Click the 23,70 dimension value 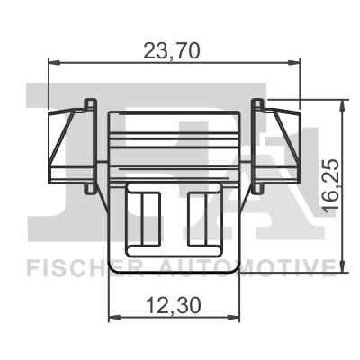[x=173, y=51]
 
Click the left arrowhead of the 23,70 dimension [x=52, y=63]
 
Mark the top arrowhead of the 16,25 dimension [x=341, y=104]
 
